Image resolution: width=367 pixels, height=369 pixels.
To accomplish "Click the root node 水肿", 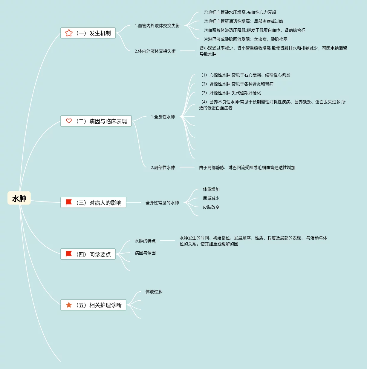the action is [x=19, y=198].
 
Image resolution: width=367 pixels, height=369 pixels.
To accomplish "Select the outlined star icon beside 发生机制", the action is [x=69, y=33].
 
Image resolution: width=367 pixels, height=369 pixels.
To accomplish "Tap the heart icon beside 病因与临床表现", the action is [x=69, y=121].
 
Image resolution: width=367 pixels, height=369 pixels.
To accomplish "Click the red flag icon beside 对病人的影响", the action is [x=69, y=202].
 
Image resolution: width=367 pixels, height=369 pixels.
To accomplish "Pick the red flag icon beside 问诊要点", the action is [x=69, y=254].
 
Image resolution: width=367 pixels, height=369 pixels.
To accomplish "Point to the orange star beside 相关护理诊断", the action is [x=69, y=305].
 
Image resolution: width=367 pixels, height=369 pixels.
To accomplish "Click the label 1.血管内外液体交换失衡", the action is [x=157, y=26].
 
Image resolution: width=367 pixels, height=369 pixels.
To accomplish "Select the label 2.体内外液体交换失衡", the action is [x=155, y=51].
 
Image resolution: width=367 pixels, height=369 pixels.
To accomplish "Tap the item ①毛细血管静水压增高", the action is [x=240, y=12].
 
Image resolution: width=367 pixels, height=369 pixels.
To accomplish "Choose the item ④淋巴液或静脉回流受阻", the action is [x=246, y=39].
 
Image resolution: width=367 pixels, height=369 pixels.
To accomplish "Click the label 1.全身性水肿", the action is [x=163, y=117].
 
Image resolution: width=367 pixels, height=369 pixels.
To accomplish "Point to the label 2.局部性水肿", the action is [x=163, y=167].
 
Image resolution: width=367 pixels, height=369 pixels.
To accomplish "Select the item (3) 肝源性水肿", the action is [x=231, y=93].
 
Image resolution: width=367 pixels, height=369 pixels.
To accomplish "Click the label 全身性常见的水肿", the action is [x=162, y=203].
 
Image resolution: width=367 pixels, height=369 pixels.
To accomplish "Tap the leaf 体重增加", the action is [x=211, y=189].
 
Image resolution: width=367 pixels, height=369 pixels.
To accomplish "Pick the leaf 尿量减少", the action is [x=211, y=198].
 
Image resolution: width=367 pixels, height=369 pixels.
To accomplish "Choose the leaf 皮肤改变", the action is [x=211, y=207].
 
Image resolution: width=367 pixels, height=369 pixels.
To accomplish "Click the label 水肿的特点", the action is [x=145, y=241].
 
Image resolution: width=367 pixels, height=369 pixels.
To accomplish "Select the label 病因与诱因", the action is [x=145, y=253].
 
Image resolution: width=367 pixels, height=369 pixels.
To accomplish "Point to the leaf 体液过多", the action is [x=154, y=292].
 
